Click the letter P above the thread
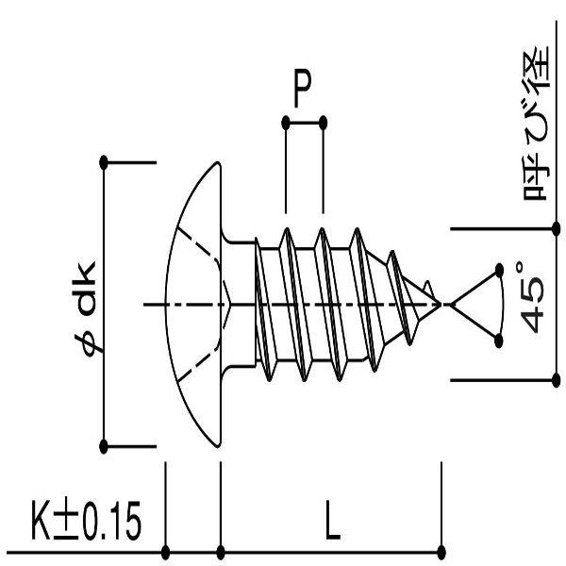(302, 92)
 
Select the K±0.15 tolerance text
(83, 522)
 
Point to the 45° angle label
(533, 299)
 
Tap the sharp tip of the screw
(441, 304)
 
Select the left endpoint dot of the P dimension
(285, 122)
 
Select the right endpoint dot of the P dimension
(324, 122)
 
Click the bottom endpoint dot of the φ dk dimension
(104, 445)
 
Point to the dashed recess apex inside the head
(231, 304)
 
